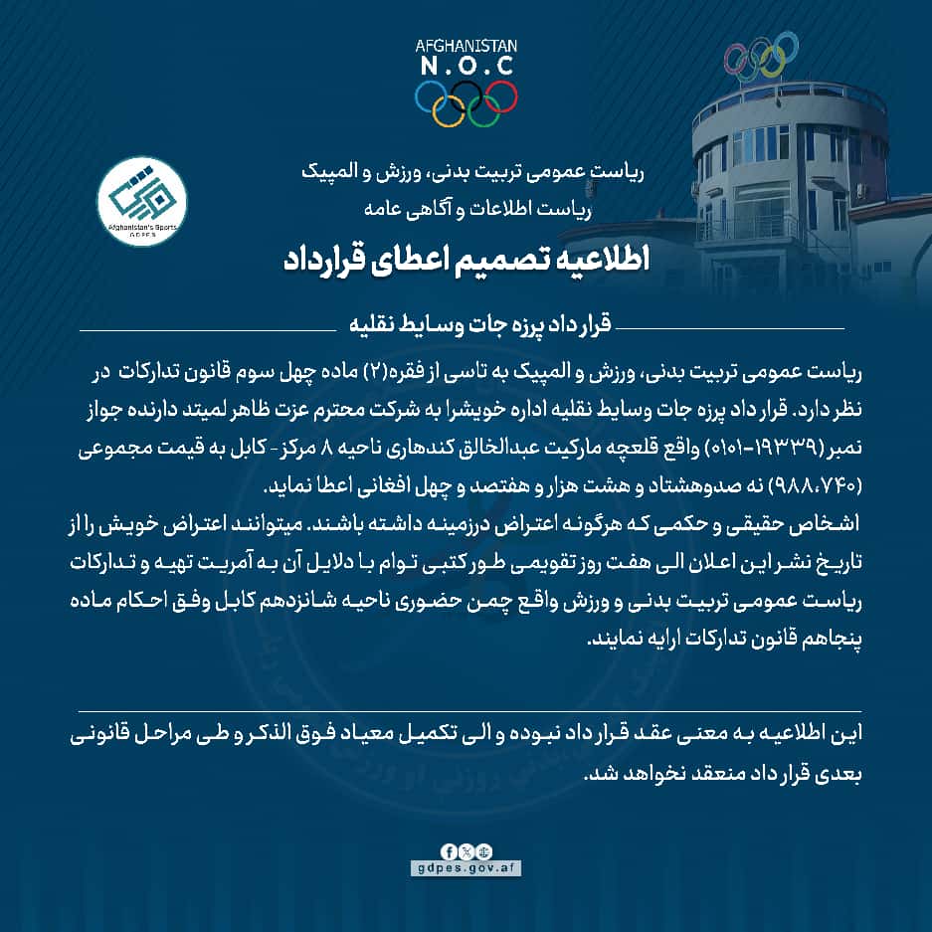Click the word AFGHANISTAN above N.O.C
tap(466, 46)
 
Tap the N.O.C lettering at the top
tap(466, 68)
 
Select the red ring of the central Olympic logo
tap(500, 96)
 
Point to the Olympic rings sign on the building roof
tap(761, 57)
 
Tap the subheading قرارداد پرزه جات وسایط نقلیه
tap(480, 324)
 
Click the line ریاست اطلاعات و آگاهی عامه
tap(466, 207)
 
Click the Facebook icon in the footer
tap(450, 851)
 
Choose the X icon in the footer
tap(466, 851)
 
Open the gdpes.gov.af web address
tap(466, 868)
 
